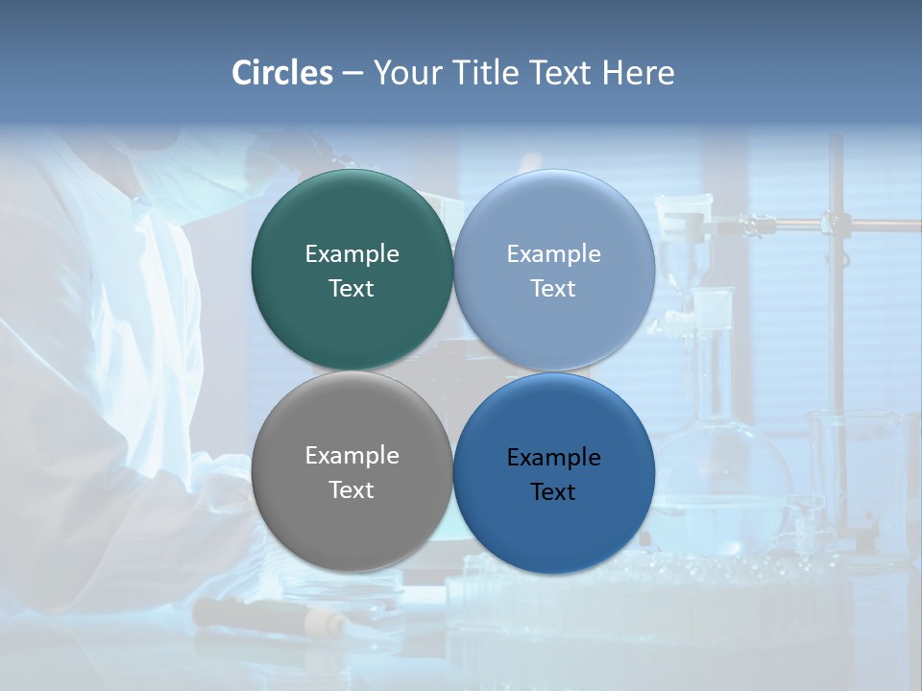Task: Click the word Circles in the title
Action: (282, 73)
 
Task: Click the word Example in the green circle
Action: (352, 254)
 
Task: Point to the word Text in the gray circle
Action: (352, 490)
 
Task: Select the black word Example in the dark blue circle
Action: (554, 458)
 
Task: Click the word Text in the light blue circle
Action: (554, 289)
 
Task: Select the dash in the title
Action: (352, 73)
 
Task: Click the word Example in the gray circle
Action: (352, 456)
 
